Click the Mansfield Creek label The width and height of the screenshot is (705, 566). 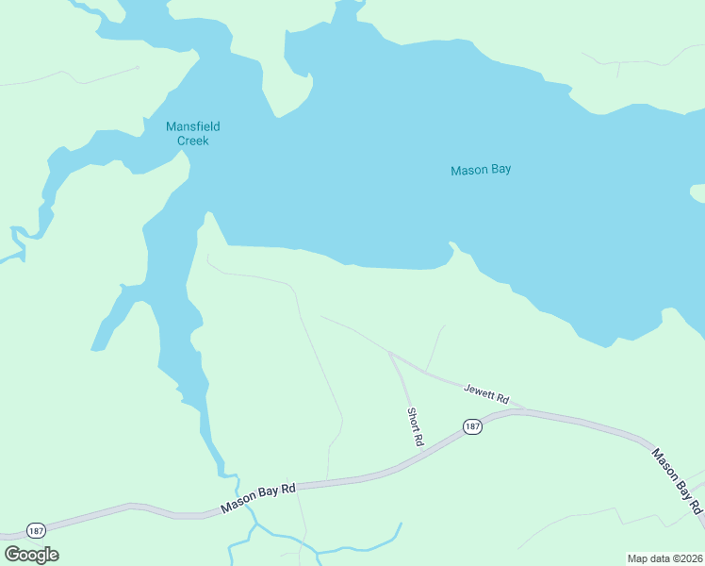click(x=193, y=134)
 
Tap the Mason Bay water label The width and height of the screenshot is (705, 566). click(x=481, y=171)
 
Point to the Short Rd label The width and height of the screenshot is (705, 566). click(x=415, y=426)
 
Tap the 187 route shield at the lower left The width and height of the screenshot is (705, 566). click(x=36, y=529)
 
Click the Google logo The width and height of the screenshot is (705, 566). click(x=32, y=555)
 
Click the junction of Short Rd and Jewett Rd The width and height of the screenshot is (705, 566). click(x=390, y=354)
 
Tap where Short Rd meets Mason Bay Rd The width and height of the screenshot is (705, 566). click(x=421, y=454)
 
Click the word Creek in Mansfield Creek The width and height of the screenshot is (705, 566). click(x=193, y=141)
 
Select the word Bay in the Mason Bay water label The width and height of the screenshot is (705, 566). click(x=500, y=171)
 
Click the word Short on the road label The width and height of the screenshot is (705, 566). click(x=413, y=419)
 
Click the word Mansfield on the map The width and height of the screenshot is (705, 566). click(x=193, y=126)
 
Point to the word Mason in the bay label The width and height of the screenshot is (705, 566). click(x=468, y=171)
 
